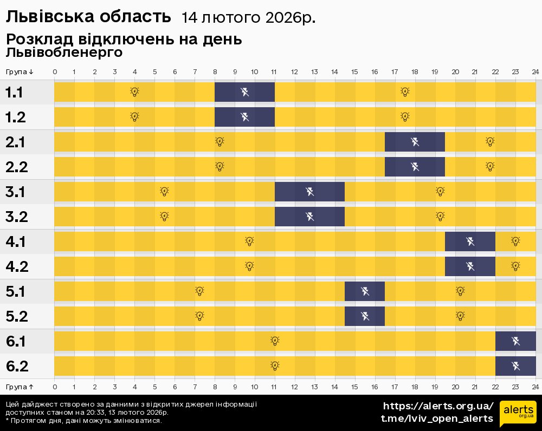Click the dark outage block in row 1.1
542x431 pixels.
(x=245, y=92)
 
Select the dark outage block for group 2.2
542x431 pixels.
(x=415, y=167)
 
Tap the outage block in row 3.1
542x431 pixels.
(x=309, y=192)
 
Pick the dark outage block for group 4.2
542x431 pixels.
(x=470, y=266)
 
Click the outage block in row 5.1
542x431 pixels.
(x=365, y=291)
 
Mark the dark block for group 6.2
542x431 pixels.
(x=515, y=366)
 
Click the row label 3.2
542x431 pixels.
(x=16, y=217)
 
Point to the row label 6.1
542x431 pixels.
(x=16, y=342)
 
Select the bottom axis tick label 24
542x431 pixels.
(x=535, y=387)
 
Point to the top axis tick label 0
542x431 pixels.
(x=55, y=72)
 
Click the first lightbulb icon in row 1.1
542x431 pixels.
(x=134, y=92)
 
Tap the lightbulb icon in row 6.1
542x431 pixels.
(x=275, y=341)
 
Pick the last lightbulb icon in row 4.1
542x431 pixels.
(x=515, y=241)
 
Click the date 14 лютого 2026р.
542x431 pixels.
(x=248, y=18)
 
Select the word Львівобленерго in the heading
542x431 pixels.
(x=64, y=53)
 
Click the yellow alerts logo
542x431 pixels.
(x=518, y=413)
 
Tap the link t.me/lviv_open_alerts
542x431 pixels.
(x=437, y=419)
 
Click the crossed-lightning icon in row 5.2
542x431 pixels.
(x=365, y=316)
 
